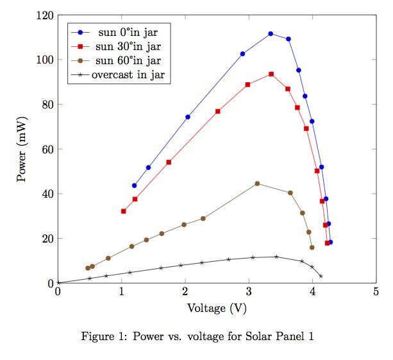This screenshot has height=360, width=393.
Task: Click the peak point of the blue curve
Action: [x=271, y=33]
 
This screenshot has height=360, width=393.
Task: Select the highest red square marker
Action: [x=271, y=74]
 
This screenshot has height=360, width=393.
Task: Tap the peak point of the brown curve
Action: [x=257, y=184]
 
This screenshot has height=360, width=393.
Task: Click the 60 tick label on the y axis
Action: [x=47, y=149]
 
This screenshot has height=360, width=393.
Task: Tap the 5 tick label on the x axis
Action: [x=376, y=293]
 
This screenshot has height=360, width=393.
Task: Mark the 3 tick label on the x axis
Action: [x=249, y=293]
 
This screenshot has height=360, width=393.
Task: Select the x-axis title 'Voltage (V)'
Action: [x=217, y=308]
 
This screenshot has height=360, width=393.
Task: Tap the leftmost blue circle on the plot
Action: [x=134, y=185]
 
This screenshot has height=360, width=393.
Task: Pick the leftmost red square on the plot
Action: [x=123, y=211]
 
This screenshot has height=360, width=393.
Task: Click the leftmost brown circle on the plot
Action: [x=88, y=268]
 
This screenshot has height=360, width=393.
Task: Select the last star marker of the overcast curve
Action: [x=321, y=276]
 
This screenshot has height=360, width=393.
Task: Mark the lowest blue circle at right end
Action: [x=330, y=242]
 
